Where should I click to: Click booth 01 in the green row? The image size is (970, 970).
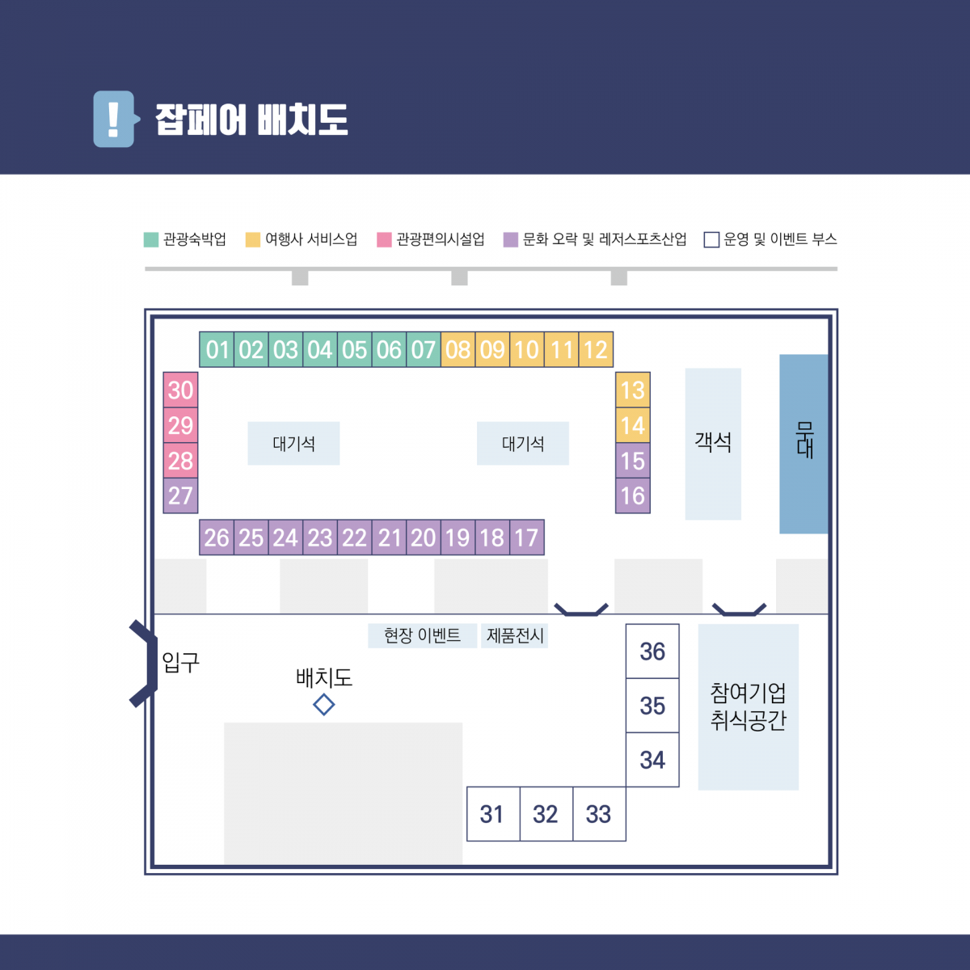point(217,349)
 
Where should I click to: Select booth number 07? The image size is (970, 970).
point(424,349)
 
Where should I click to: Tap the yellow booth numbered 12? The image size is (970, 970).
point(596,349)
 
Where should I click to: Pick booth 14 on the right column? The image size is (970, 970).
point(633,425)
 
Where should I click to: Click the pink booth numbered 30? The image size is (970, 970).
point(180,390)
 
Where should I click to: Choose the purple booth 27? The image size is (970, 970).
point(180,496)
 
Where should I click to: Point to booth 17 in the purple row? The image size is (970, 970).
point(527,537)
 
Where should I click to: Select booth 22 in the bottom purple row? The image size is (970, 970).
point(354,537)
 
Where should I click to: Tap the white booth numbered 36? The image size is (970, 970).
point(652,651)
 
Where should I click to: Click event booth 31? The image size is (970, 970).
point(493,814)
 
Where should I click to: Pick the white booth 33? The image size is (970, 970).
point(599,814)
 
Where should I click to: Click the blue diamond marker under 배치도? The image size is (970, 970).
point(323,704)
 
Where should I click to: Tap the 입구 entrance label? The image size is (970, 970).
point(181,663)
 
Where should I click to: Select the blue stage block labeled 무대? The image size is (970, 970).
point(803,444)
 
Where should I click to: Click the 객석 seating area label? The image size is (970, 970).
point(713,442)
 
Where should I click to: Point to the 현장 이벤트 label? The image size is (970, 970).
point(422,636)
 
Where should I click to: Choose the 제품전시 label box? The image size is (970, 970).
point(514,636)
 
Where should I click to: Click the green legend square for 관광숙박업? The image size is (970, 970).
point(151,239)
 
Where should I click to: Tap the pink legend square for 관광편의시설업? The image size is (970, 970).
point(384,239)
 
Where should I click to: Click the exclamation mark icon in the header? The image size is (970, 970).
point(114,120)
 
